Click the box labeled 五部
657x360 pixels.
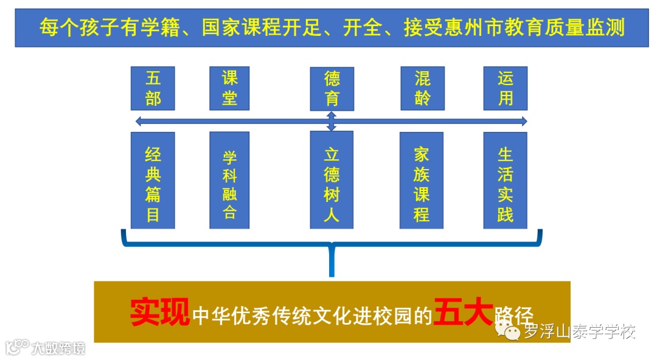click(153, 88)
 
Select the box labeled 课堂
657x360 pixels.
click(229, 88)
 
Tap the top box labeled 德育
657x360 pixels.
click(332, 89)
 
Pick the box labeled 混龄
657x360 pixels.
click(422, 88)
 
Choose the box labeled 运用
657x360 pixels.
click(506, 88)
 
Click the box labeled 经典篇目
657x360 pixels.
click(153, 180)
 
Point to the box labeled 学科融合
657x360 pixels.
click(229, 180)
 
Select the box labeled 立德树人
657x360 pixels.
click(332, 180)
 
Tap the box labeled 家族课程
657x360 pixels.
click(422, 180)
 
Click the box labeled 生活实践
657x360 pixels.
click(506, 180)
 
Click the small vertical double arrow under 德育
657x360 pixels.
click(332, 121)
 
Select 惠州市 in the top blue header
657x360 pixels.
click(480, 27)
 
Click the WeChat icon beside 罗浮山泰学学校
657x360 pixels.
click(508, 330)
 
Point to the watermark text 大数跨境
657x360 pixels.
click(58, 348)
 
